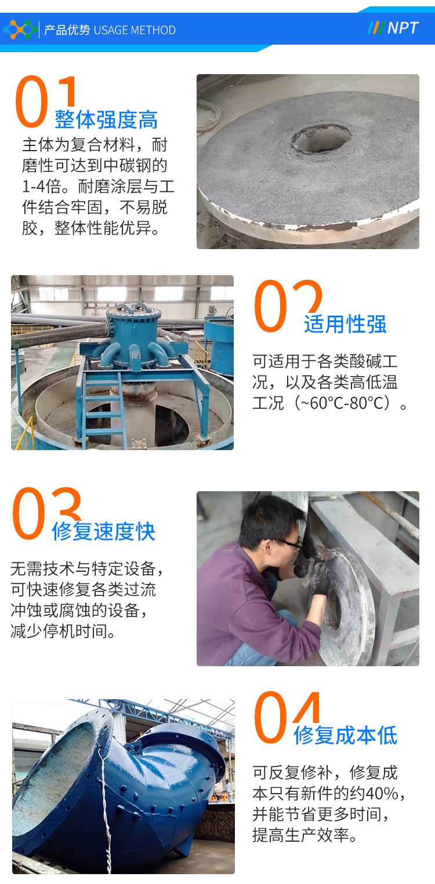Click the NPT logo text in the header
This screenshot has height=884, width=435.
point(403,28)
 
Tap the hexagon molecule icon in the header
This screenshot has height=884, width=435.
point(20,30)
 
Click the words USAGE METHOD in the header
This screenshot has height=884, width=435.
point(135,30)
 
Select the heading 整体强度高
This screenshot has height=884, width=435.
point(106,119)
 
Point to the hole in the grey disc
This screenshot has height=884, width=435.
point(321,138)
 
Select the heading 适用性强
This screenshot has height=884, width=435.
point(345,324)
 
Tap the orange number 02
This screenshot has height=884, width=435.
point(288,305)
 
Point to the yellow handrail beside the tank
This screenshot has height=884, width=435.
point(26,434)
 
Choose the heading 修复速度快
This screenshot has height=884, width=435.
point(103,531)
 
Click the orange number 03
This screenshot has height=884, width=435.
point(46,513)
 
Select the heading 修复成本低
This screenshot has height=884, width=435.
point(345,735)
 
